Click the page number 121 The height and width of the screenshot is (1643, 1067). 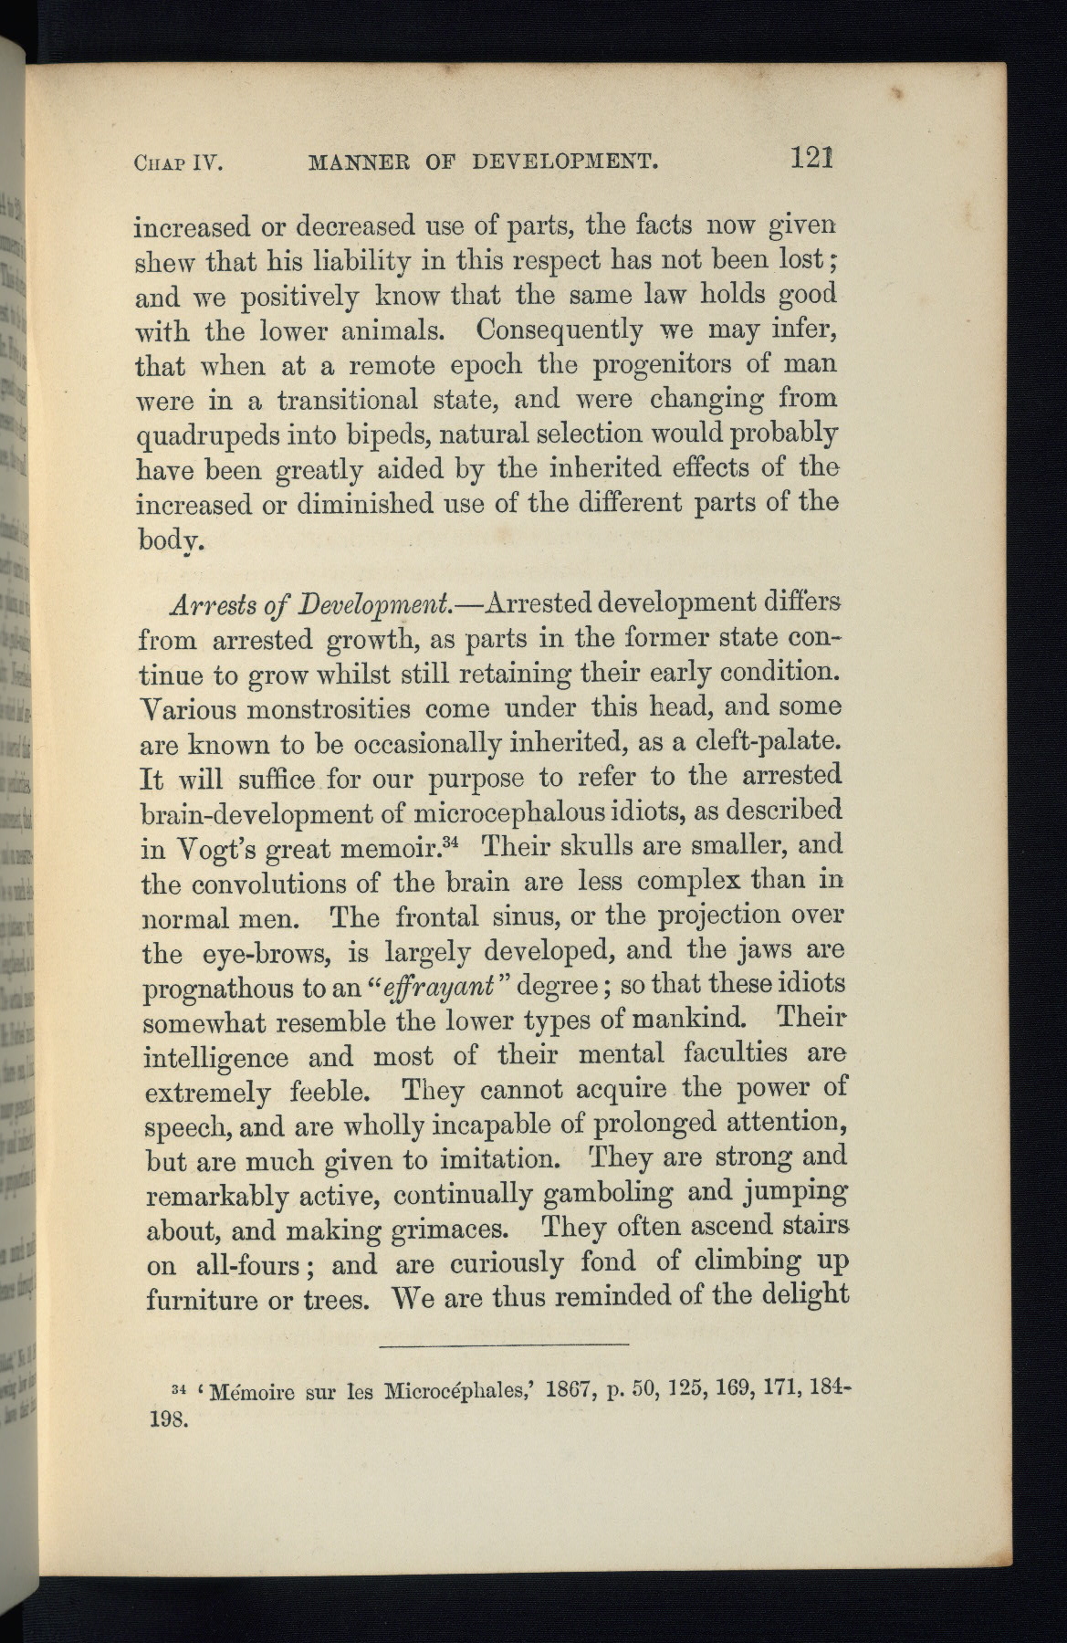812,160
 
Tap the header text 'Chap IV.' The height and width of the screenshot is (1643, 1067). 178,164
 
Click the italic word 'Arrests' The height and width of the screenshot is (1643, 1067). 205,606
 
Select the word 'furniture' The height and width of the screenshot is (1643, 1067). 201,1299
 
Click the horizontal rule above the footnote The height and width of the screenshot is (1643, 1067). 503,1345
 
